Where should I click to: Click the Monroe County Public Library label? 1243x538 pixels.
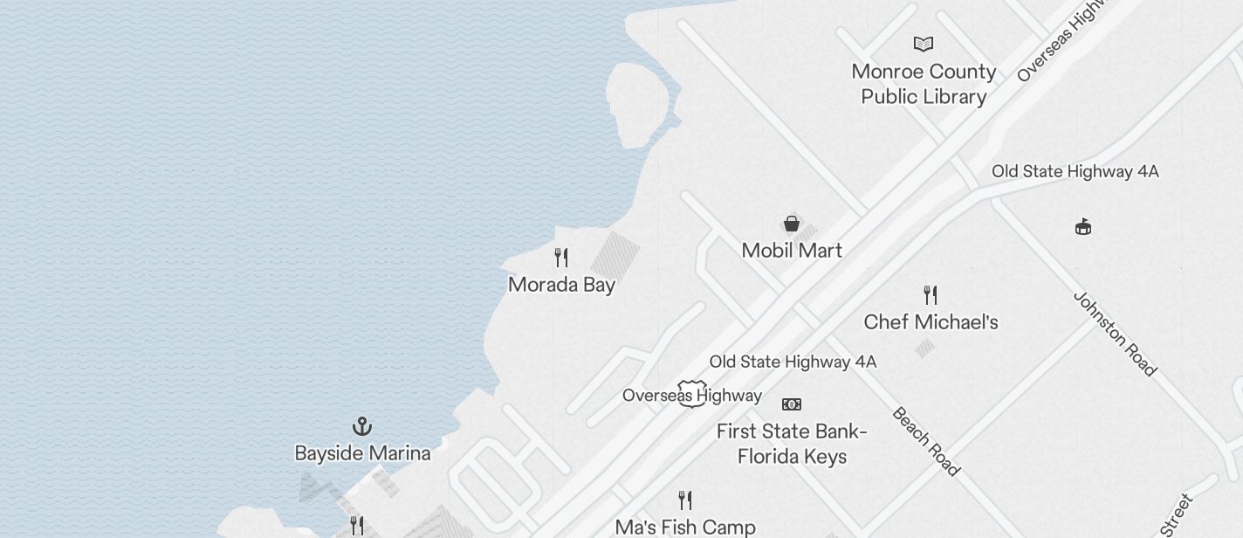(924, 84)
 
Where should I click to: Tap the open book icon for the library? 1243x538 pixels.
(924, 44)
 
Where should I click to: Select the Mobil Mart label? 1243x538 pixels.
(792, 251)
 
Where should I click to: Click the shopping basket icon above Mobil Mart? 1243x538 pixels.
(792, 224)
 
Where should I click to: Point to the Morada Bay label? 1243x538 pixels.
(561, 285)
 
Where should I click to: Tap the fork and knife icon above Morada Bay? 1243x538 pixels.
(561, 258)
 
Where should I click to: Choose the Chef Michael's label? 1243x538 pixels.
(931, 322)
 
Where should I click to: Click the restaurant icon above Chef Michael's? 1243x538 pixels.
(931, 295)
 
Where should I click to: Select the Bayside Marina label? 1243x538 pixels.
(362, 453)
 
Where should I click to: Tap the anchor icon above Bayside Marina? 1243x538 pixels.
(362, 426)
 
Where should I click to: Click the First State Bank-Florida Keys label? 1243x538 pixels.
(792, 444)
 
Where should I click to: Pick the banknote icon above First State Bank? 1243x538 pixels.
(792, 404)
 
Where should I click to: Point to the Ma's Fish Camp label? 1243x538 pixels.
(685, 527)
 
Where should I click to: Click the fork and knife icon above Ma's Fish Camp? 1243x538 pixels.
(685, 500)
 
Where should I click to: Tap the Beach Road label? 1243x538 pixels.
(926, 441)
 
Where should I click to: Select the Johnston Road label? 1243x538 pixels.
(1115, 334)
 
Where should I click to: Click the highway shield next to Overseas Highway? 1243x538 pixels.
(692, 394)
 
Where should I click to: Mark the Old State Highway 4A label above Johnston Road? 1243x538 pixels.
(1075, 171)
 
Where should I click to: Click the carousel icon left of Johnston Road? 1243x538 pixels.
(1083, 227)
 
